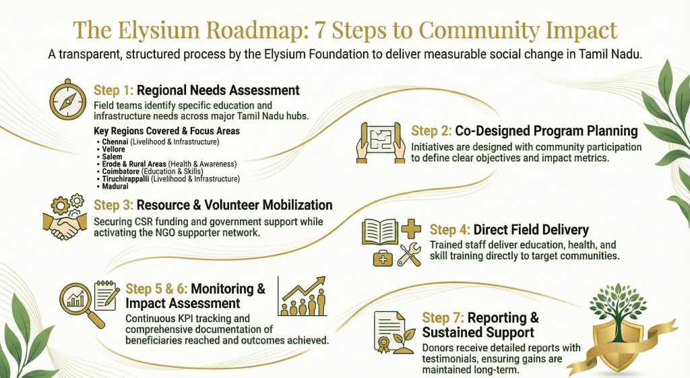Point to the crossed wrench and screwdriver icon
(410, 254)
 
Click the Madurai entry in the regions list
(117, 186)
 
